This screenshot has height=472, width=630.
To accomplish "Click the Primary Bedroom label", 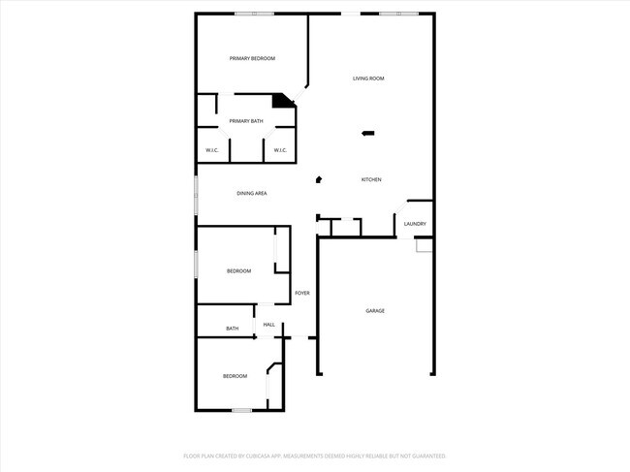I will click(x=252, y=59).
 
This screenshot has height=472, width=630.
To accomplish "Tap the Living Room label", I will click(x=368, y=79).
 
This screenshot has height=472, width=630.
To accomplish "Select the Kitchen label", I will click(x=371, y=180).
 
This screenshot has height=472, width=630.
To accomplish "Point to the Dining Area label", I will click(x=252, y=194).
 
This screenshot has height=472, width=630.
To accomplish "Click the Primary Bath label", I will click(x=246, y=121).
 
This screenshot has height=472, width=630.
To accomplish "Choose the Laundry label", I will click(x=415, y=225).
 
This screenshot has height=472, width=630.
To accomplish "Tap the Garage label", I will click(x=375, y=311).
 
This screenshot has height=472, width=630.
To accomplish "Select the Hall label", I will click(x=269, y=325).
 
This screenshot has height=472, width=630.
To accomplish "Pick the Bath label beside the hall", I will click(x=233, y=329).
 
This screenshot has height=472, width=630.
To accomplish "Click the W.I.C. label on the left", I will click(x=212, y=150).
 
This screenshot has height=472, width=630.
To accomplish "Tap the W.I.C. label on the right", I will click(x=279, y=150).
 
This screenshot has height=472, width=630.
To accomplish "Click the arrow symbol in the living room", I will click(x=367, y=134).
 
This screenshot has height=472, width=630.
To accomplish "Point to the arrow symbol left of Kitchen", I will click(x=318, y=179).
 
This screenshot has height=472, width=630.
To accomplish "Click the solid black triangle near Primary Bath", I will click(x=282, y=100).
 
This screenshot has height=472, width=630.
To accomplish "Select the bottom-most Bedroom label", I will click(x=235, y=376).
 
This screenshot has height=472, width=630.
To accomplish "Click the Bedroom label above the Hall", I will click(x=239, y=271).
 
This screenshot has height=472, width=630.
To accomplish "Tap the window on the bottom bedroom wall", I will click(x=241, y=411).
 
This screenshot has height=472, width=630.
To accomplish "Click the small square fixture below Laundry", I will click(x=424, y=246).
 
